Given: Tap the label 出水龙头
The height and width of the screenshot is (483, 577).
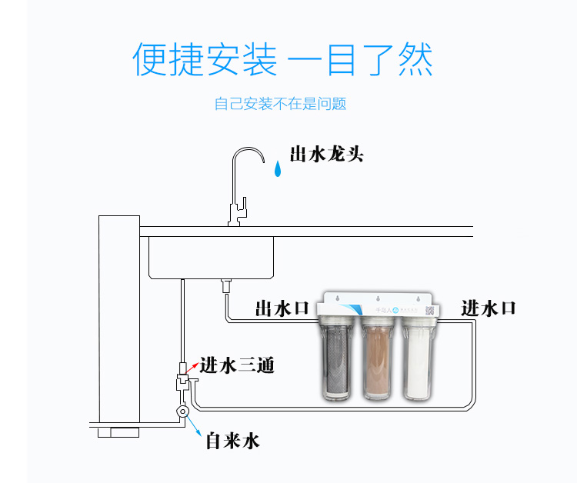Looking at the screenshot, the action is tap(326, 154).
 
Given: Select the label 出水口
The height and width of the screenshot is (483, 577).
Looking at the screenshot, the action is tap(282, 308).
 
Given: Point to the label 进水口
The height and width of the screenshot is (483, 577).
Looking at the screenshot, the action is tap(489, 308).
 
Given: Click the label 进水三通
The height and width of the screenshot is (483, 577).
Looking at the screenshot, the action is tap(237, 366).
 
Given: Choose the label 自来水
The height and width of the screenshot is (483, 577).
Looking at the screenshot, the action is tap(232, 441).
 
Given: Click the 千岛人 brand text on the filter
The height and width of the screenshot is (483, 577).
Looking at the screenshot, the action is tap(380, 311).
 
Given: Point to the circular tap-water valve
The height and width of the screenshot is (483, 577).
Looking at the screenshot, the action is tap(182, 412).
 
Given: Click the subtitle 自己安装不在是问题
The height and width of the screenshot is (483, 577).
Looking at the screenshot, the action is tap(280, 104).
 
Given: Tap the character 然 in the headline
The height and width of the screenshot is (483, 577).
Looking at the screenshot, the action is tap(412, 59).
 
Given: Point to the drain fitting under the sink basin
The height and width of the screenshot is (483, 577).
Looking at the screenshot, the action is tap(225, 286).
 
